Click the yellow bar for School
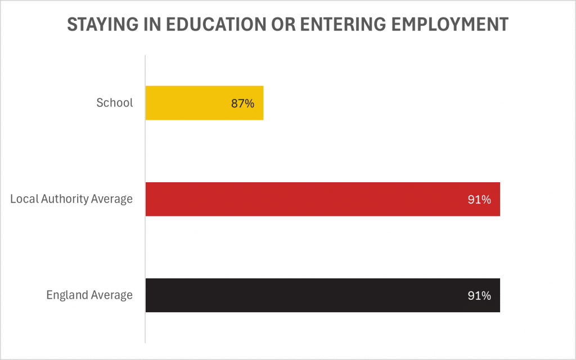tap(204, 103)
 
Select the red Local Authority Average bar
tap(322, 199)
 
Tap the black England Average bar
tap(322, 295)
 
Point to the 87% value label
tap(243, 103)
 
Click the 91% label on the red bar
tap(479, 200)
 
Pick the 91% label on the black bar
tap(479, 296)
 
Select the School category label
tap(115, 103)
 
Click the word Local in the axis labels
tap(22, 199)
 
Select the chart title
tap(287, 25)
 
